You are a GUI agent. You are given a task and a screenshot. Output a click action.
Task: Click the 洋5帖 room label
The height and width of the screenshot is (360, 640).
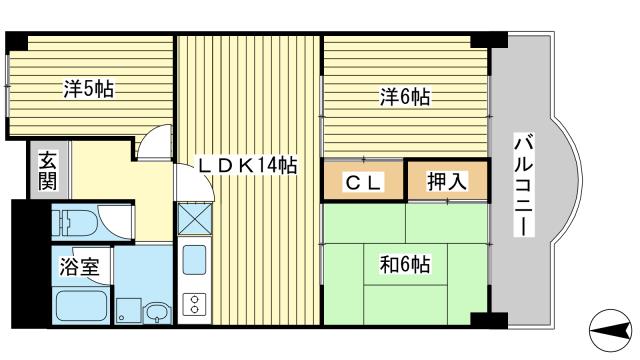tap(88, 89)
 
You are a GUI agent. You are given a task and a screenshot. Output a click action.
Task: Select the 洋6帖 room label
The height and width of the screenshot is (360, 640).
tap(404, 97)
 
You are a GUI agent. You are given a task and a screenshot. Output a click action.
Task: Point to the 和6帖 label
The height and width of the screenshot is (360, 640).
tap(404, 265)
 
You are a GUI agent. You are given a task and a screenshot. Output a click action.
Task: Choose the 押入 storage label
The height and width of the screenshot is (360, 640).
tap(446, 182)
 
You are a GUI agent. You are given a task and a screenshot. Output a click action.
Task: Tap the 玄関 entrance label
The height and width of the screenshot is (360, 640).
tap(47, 173)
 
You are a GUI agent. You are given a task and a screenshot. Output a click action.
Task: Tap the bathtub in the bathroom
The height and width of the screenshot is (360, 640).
tap(80, 304)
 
